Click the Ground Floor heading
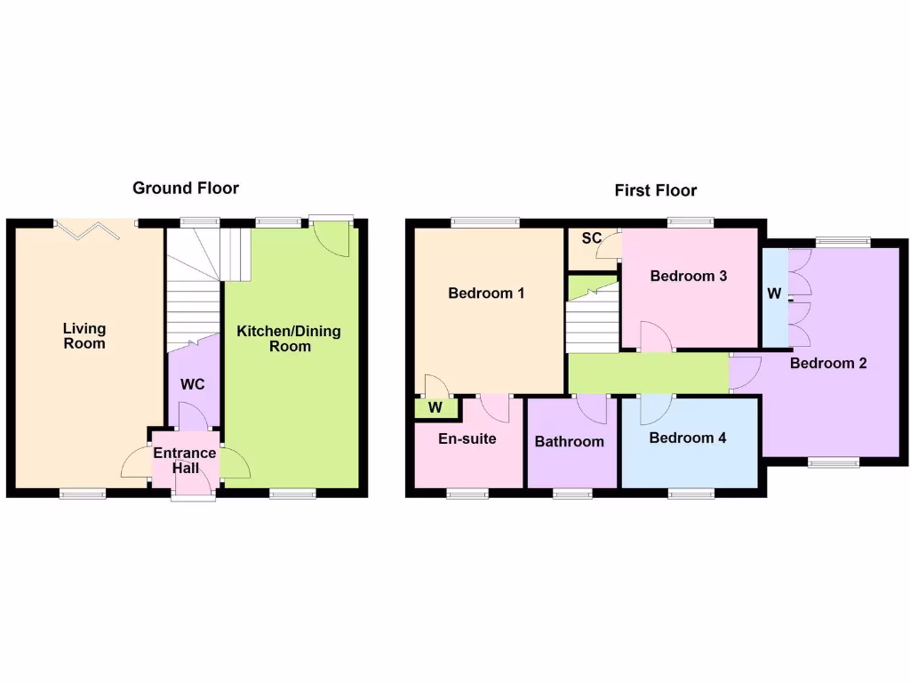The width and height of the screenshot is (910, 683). pyautogui.click(x=186, y=188)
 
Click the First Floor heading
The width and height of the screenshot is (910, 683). pyautogui.click(x=656, y=190)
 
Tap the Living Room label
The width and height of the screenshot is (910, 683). pyautogui.click(x=84, y=336)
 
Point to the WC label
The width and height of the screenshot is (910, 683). pyautogui.click(x=192, y=385)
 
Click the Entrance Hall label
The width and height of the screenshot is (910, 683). pyautogui.click(x=185, y=460)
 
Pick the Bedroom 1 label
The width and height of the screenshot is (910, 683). pyautogui.click(x=486, y=293)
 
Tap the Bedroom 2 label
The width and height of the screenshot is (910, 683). pyautogui.click(x=828, y=363)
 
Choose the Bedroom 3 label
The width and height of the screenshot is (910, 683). pyautogui.click(x=689, y=276)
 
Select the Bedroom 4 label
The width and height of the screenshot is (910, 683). pyautogui.click(x=688, y=438)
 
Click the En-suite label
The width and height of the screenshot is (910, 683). pyautogui.click(x=467, y=438)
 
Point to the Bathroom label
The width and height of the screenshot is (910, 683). pyautogui.click(x=569, y=441)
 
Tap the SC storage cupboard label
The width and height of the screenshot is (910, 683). pyautogui.click(x=592, y=239)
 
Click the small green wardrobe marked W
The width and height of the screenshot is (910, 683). pyautogui.click(x=435, y=407)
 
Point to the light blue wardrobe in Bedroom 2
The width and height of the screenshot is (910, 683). pyautogui.click(x=774, y=296)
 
